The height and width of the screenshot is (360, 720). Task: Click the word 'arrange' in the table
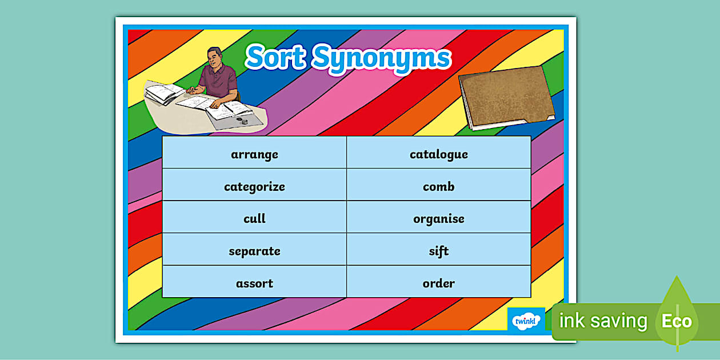(x=254, y=154)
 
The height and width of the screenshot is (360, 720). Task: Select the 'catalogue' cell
(x=438, y=154)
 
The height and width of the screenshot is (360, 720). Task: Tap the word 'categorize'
(x=254, y=187)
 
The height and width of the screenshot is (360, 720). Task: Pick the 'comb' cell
(x=438, y=187)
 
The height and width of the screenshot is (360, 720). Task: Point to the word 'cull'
(x=254, y=219)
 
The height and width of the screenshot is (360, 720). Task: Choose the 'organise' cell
(x=438, y=219)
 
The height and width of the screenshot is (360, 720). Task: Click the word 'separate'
(x=254, y=251)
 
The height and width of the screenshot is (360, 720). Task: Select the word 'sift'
(x=438, y=251)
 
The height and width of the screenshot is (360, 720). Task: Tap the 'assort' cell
(x=254, y=283)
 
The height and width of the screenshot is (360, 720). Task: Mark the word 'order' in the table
(x=438, y=283)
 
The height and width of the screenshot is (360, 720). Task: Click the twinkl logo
(x=525, y=320)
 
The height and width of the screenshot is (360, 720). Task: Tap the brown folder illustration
(x=506, y=97)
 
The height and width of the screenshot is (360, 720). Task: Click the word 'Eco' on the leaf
(x=677, y=321)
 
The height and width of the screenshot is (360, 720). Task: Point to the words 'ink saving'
(x=603, y=321)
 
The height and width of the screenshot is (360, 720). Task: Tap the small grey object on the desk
(x=245, y=121)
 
